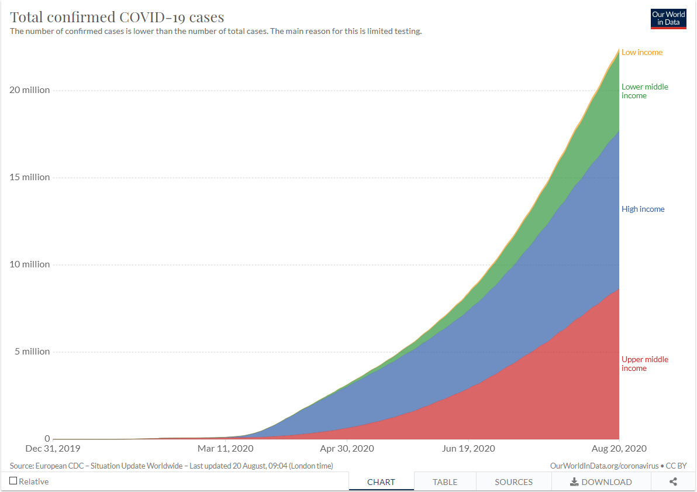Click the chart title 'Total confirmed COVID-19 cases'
117,16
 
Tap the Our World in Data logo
668,19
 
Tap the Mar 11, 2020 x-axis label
226,449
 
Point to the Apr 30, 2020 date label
347,449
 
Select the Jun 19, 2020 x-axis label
468,449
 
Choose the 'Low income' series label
642,53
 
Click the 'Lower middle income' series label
644,91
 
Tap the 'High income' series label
643,209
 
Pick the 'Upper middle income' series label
644,364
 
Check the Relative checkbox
13,481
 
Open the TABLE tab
445,482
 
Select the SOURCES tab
513,482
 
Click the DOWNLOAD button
601,482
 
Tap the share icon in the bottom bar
673,482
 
